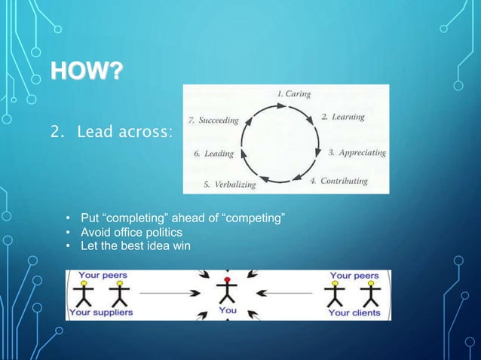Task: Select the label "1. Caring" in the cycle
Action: [293, 94]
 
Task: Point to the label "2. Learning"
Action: [343, 117]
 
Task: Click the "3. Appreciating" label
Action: [357, 153]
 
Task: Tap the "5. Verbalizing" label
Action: [230, 184]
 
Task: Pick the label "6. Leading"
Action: [213, 154]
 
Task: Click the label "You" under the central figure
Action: [227, 311]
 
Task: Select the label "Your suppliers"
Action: [100, 312]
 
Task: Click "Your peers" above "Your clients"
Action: [355, 276]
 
